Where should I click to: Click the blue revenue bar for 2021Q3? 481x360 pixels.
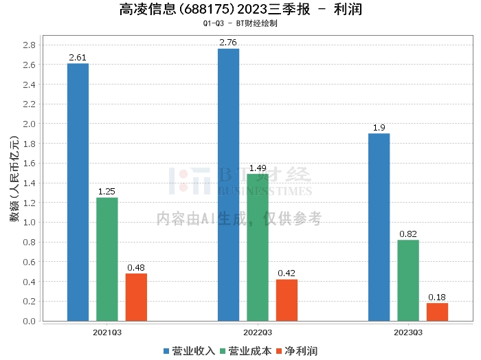[x=78, y=192]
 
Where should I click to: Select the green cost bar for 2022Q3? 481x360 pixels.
[x=258, y=247]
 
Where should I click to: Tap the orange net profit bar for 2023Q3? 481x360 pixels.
[x=437, y=312]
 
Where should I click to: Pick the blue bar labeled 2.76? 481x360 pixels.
[x=229, y=185]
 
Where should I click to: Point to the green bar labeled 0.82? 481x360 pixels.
[x=408, y=280]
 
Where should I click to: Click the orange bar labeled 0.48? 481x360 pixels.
[x=136, y=297]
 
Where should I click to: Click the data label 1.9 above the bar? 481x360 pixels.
[x=379, y=128]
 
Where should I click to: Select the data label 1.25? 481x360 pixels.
[x=107, y=192]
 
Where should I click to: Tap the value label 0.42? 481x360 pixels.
[x=287, y=273]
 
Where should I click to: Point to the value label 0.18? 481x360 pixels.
[x=437, y=297]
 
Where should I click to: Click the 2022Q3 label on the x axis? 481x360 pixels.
[x=258, y=333]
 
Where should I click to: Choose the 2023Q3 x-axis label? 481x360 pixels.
[x=408, y=333]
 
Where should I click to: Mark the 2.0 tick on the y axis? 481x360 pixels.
[x=29, y=124]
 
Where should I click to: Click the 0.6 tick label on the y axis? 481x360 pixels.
[x=29, y=262]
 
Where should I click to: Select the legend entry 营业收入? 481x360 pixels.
[x=190, y=351]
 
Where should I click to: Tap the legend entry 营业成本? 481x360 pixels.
[x=246, y=351]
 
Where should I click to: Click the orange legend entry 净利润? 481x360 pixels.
[x=297, y=351]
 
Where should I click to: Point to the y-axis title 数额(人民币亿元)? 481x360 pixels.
[x=14, y=179]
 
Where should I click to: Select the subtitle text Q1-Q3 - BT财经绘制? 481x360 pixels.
[x=240, y=23]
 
